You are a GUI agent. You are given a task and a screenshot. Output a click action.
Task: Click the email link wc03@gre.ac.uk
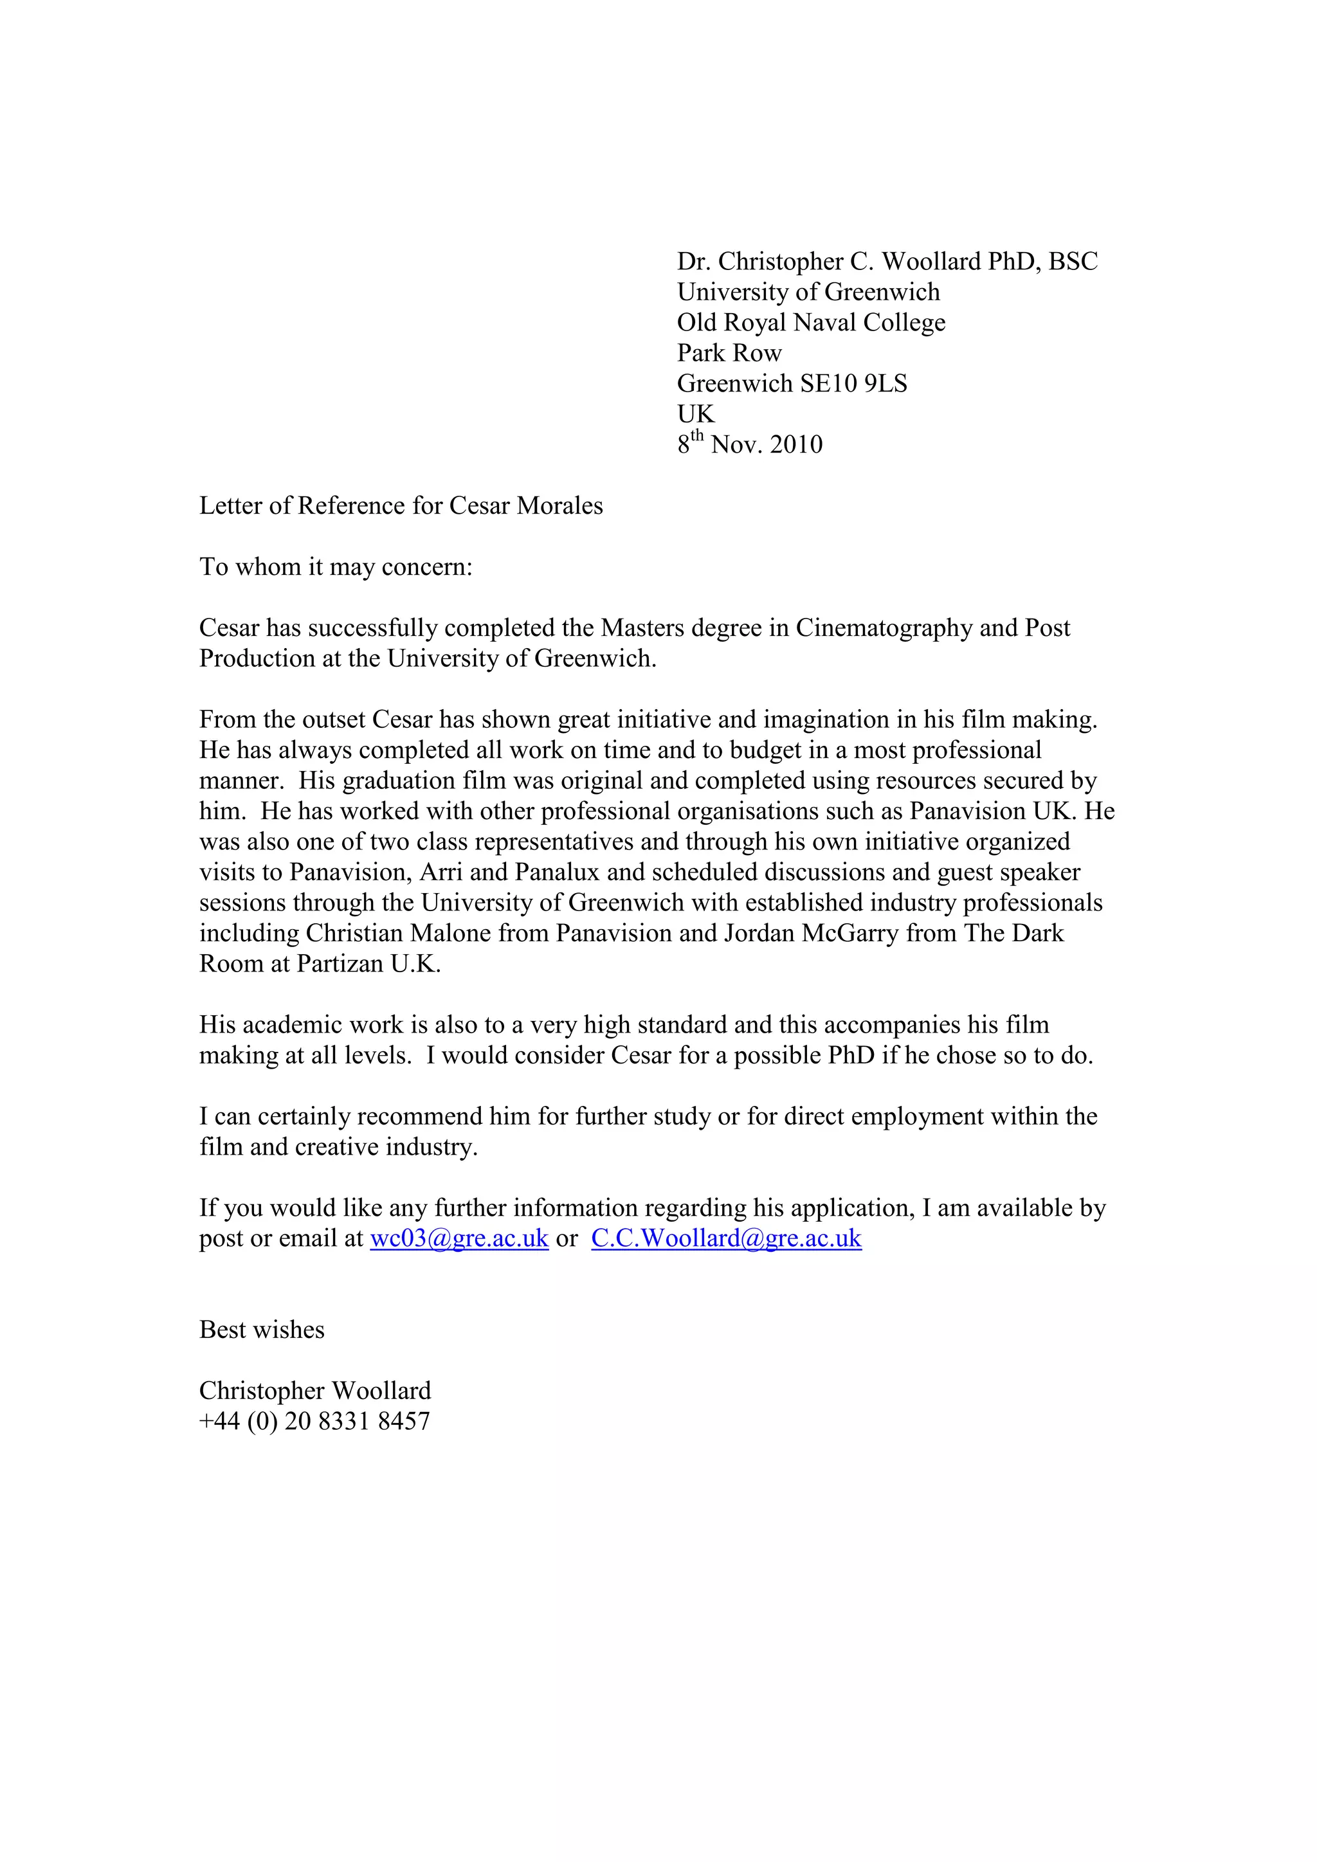pyautogui.click(x=459, y=1238)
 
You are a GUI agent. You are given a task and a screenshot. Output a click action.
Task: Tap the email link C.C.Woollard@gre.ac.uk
pyautogui.click(x=726, y=1238)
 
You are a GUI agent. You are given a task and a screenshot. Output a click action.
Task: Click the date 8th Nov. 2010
pyautogui.click(x=750, y=444)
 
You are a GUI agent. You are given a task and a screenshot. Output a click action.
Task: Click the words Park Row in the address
pyautogui.click(x=729, y=353)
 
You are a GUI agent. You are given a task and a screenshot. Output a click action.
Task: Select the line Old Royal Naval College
pyautogui.click(x=811, y=322)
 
